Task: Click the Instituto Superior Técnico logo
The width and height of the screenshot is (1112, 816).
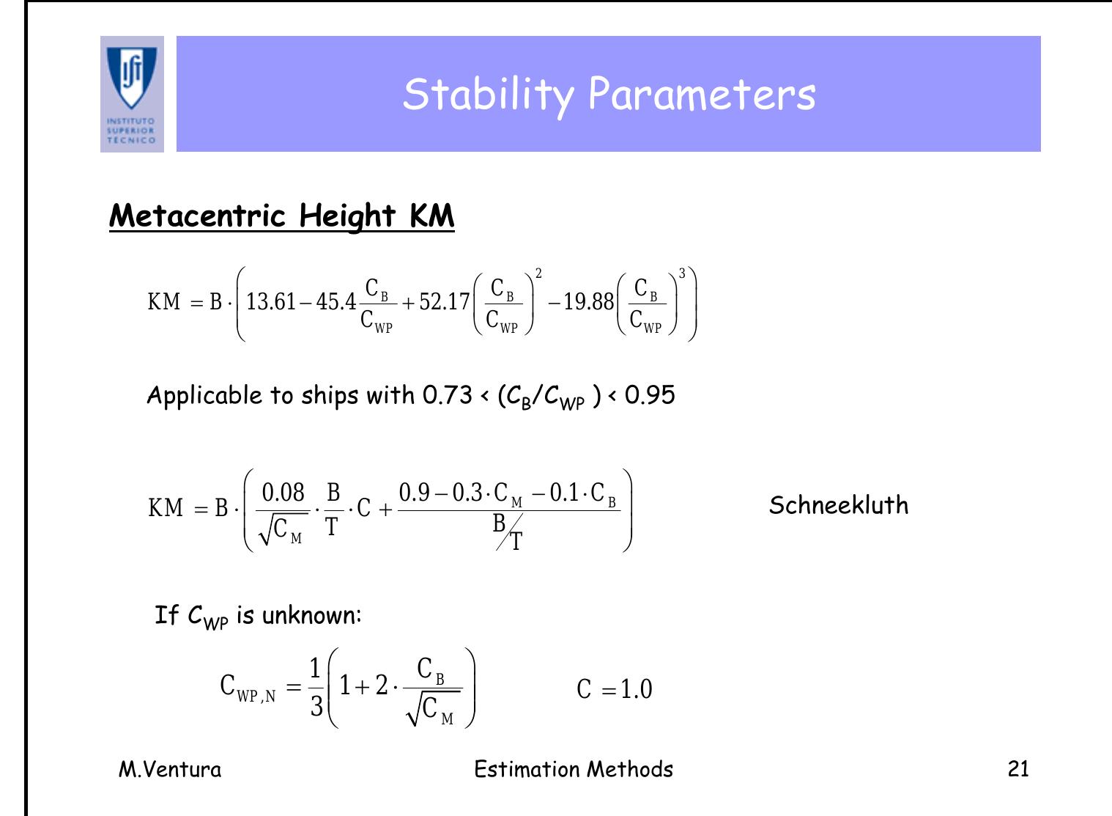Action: [132, 94]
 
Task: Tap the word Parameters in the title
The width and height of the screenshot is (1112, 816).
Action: [701, 94]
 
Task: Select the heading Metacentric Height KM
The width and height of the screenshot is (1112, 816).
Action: [281, 216]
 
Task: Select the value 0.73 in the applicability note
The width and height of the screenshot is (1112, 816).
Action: [447, 395]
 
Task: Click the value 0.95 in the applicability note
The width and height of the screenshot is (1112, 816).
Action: [650, 395]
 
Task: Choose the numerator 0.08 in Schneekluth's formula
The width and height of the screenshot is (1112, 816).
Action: [283, 492]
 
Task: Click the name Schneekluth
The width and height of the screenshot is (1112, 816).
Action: [838, 505]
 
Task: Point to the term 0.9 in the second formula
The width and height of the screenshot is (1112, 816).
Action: [414, 492]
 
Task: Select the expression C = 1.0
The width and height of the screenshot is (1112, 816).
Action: [614, 689]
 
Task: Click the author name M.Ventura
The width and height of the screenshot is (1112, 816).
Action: [170, 769]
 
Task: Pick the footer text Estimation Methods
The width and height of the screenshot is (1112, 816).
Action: [574, 769]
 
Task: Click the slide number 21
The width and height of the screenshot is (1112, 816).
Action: [1018, 769]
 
